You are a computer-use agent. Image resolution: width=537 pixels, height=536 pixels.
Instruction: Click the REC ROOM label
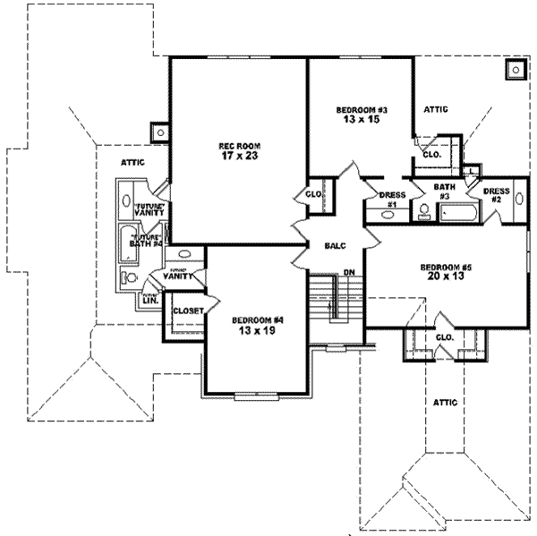(238, 145)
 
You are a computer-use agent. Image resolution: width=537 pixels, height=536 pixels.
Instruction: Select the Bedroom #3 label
(361, 109)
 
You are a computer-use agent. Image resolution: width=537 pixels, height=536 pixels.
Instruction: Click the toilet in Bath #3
(423, 210)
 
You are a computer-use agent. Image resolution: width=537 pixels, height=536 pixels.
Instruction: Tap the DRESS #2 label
(496, 194)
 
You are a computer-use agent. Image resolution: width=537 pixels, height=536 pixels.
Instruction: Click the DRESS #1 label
(391, 199)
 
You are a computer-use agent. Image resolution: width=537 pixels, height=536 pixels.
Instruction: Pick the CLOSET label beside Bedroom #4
(186, 311)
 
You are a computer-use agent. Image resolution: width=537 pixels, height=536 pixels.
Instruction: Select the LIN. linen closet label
(149, 301)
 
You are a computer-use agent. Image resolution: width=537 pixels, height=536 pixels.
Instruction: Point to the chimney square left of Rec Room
(160, 132)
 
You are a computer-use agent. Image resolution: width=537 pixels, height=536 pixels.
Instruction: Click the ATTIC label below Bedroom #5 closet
(445, 403)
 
